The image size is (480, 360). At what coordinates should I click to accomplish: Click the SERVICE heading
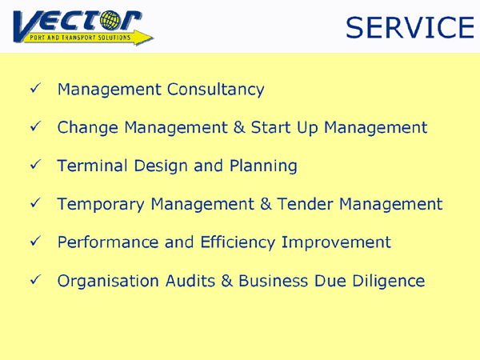pos(410,27)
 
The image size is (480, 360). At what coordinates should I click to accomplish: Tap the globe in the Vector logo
pos(110,21)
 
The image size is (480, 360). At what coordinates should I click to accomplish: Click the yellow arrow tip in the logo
pos(153,38)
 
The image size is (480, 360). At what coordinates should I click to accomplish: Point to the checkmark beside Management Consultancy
pos(35,88)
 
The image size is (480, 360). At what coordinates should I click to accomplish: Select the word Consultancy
pos(215,90)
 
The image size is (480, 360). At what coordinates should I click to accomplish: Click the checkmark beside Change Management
pos(35,126)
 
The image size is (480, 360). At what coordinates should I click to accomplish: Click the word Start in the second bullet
pos(270,127)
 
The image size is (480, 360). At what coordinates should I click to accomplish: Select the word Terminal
pos(92,166)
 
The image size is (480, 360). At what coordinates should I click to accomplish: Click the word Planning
pos(263,166)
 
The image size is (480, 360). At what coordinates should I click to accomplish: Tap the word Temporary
pos(101,204)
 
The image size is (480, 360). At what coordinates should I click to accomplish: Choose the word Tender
pos(305,204)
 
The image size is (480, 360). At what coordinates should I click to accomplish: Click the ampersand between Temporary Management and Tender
pos(266,204)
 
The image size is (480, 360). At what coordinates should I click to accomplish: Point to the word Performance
pos(108,242)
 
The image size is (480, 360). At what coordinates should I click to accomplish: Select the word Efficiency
pos(238,242)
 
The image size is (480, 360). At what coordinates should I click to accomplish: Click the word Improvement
pos(336,242)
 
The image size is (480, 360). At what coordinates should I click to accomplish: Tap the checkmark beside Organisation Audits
pos(35,279)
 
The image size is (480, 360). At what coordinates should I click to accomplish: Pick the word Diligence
pos(389,281)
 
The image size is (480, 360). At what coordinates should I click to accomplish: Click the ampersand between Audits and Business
pos(227,281)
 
